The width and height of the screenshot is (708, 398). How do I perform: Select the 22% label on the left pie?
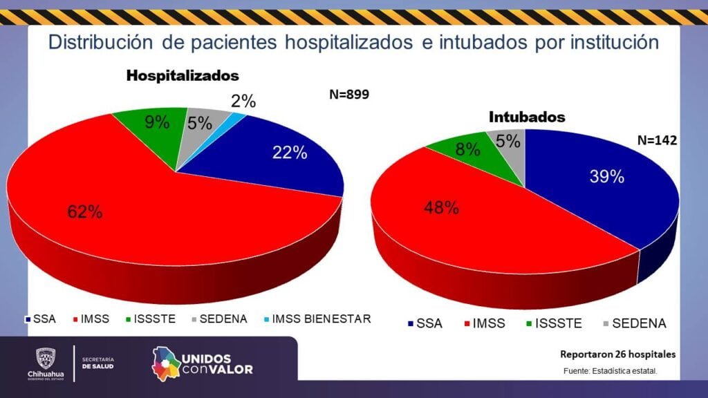click(x=290, y=153)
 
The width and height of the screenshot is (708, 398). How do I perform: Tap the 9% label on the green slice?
click(x=158, y=122)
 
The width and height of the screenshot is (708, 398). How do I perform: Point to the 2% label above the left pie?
click(x=243, y=102)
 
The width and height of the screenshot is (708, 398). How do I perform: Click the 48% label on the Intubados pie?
click(x=442, y=207)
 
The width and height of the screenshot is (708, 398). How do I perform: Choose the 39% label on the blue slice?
click(x=606, y=176)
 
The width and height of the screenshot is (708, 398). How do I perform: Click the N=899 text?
click(x=349, y=95)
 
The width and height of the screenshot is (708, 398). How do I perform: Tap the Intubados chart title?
click(x=527, y=117)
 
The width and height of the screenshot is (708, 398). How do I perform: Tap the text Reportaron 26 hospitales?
click(x=617, y=354)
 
